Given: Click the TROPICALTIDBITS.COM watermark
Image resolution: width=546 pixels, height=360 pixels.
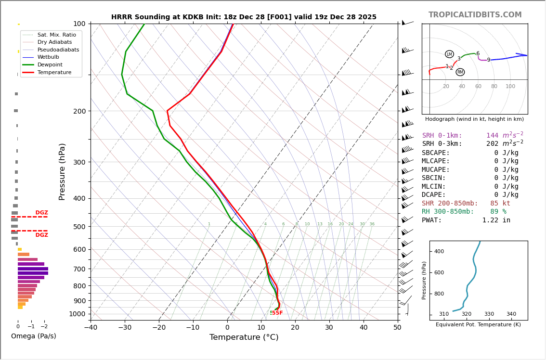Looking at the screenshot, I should tap(475, 15).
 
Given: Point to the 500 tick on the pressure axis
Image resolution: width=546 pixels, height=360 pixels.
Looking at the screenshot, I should tap(79, 227).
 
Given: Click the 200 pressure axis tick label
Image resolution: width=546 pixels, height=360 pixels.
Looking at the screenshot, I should tap(79, 111).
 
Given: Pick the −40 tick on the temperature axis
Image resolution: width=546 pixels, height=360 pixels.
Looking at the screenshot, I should tap(91, 328).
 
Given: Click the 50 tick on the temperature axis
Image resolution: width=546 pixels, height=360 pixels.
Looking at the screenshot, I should tap(397, 328).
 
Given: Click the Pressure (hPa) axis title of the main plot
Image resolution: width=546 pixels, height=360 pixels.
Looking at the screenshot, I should tap(62, 171).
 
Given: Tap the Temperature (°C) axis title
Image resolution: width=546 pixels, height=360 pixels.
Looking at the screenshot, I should tap(244, 337).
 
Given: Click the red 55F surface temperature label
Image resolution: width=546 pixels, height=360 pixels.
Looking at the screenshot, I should tap(277, 313).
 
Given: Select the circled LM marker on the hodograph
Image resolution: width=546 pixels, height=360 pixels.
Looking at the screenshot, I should tap(449, 54).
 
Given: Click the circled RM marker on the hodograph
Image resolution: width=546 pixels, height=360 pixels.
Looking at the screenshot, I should tap(460, 72).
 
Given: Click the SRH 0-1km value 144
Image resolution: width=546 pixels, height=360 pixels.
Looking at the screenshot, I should tap(492, 136).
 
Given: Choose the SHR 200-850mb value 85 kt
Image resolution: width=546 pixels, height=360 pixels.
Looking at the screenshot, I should tap(500, 204).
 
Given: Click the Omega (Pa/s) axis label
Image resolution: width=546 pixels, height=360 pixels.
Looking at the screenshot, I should tap(34, 336).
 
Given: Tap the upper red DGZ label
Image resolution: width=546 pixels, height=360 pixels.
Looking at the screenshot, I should tap(41, 213).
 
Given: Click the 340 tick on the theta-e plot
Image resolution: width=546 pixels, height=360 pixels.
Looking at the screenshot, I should tap(511, 314).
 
